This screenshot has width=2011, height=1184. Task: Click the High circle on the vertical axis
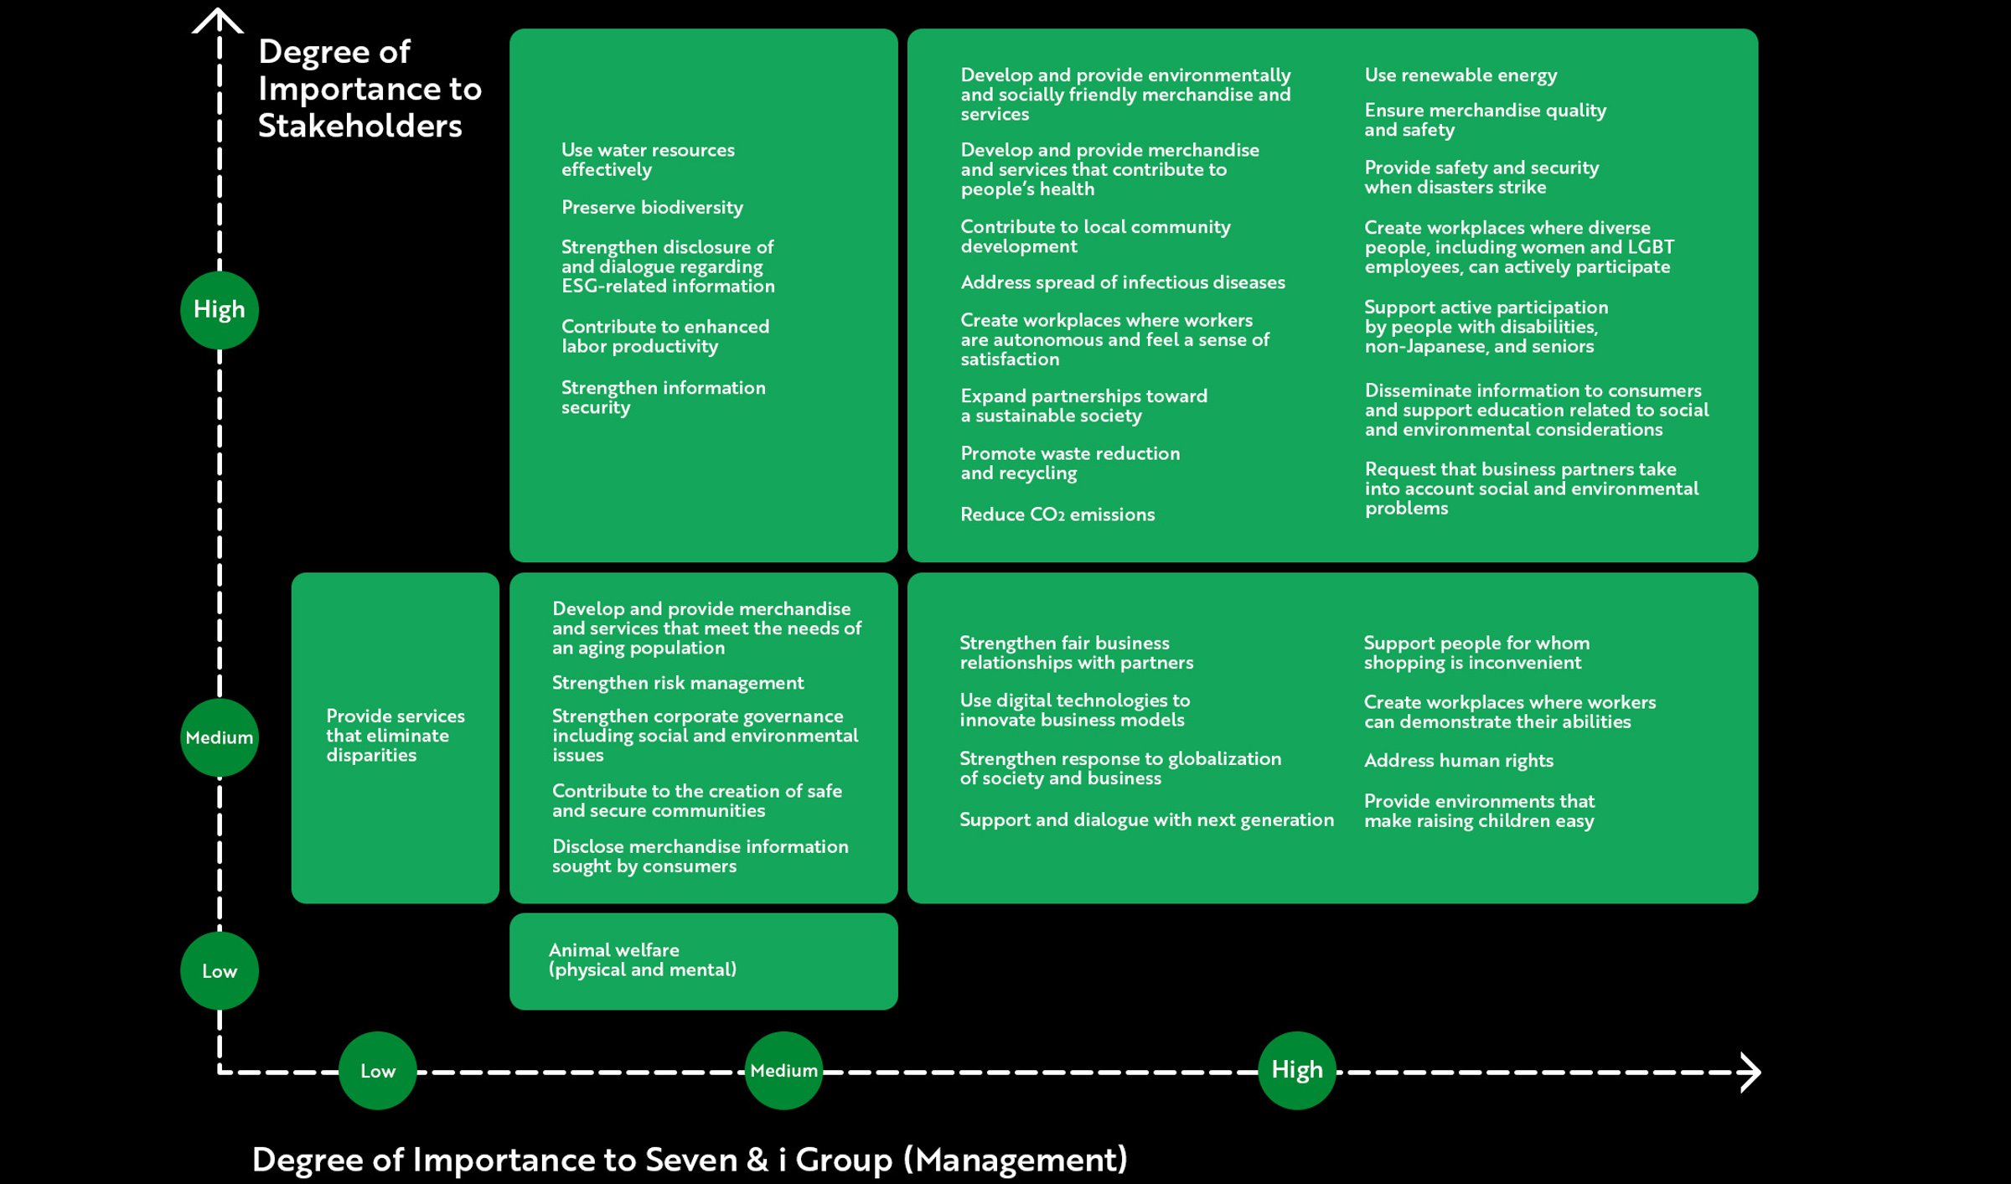[220, 310]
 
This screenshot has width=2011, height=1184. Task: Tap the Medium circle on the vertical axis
[220, 737]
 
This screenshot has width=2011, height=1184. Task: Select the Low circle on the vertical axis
[220, 971]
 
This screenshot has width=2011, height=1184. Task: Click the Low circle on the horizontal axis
[378, 1071]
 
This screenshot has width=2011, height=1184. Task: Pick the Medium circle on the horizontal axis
[783, 1071]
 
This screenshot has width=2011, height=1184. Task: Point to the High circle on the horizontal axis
[1297, 1070]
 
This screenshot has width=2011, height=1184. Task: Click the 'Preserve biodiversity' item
[652, 208]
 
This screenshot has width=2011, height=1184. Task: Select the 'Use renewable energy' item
[1460, 75]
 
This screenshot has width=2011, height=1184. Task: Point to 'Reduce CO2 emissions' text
[1057, 514]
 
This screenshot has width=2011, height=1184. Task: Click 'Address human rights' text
[1458, 761]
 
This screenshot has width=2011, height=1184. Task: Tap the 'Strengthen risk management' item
[677, 683]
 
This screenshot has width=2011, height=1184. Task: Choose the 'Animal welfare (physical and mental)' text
[642, 960]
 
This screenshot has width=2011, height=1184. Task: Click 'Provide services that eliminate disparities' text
[395, 736]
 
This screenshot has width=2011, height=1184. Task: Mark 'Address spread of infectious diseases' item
[1122, 282]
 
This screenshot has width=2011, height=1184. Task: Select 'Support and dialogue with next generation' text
[1146, 819]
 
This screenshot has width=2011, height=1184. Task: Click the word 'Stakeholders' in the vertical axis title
[359, 126]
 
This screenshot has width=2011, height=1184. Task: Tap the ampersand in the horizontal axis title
[757, 1160]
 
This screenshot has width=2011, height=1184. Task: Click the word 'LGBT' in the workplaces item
[1651, 247]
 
